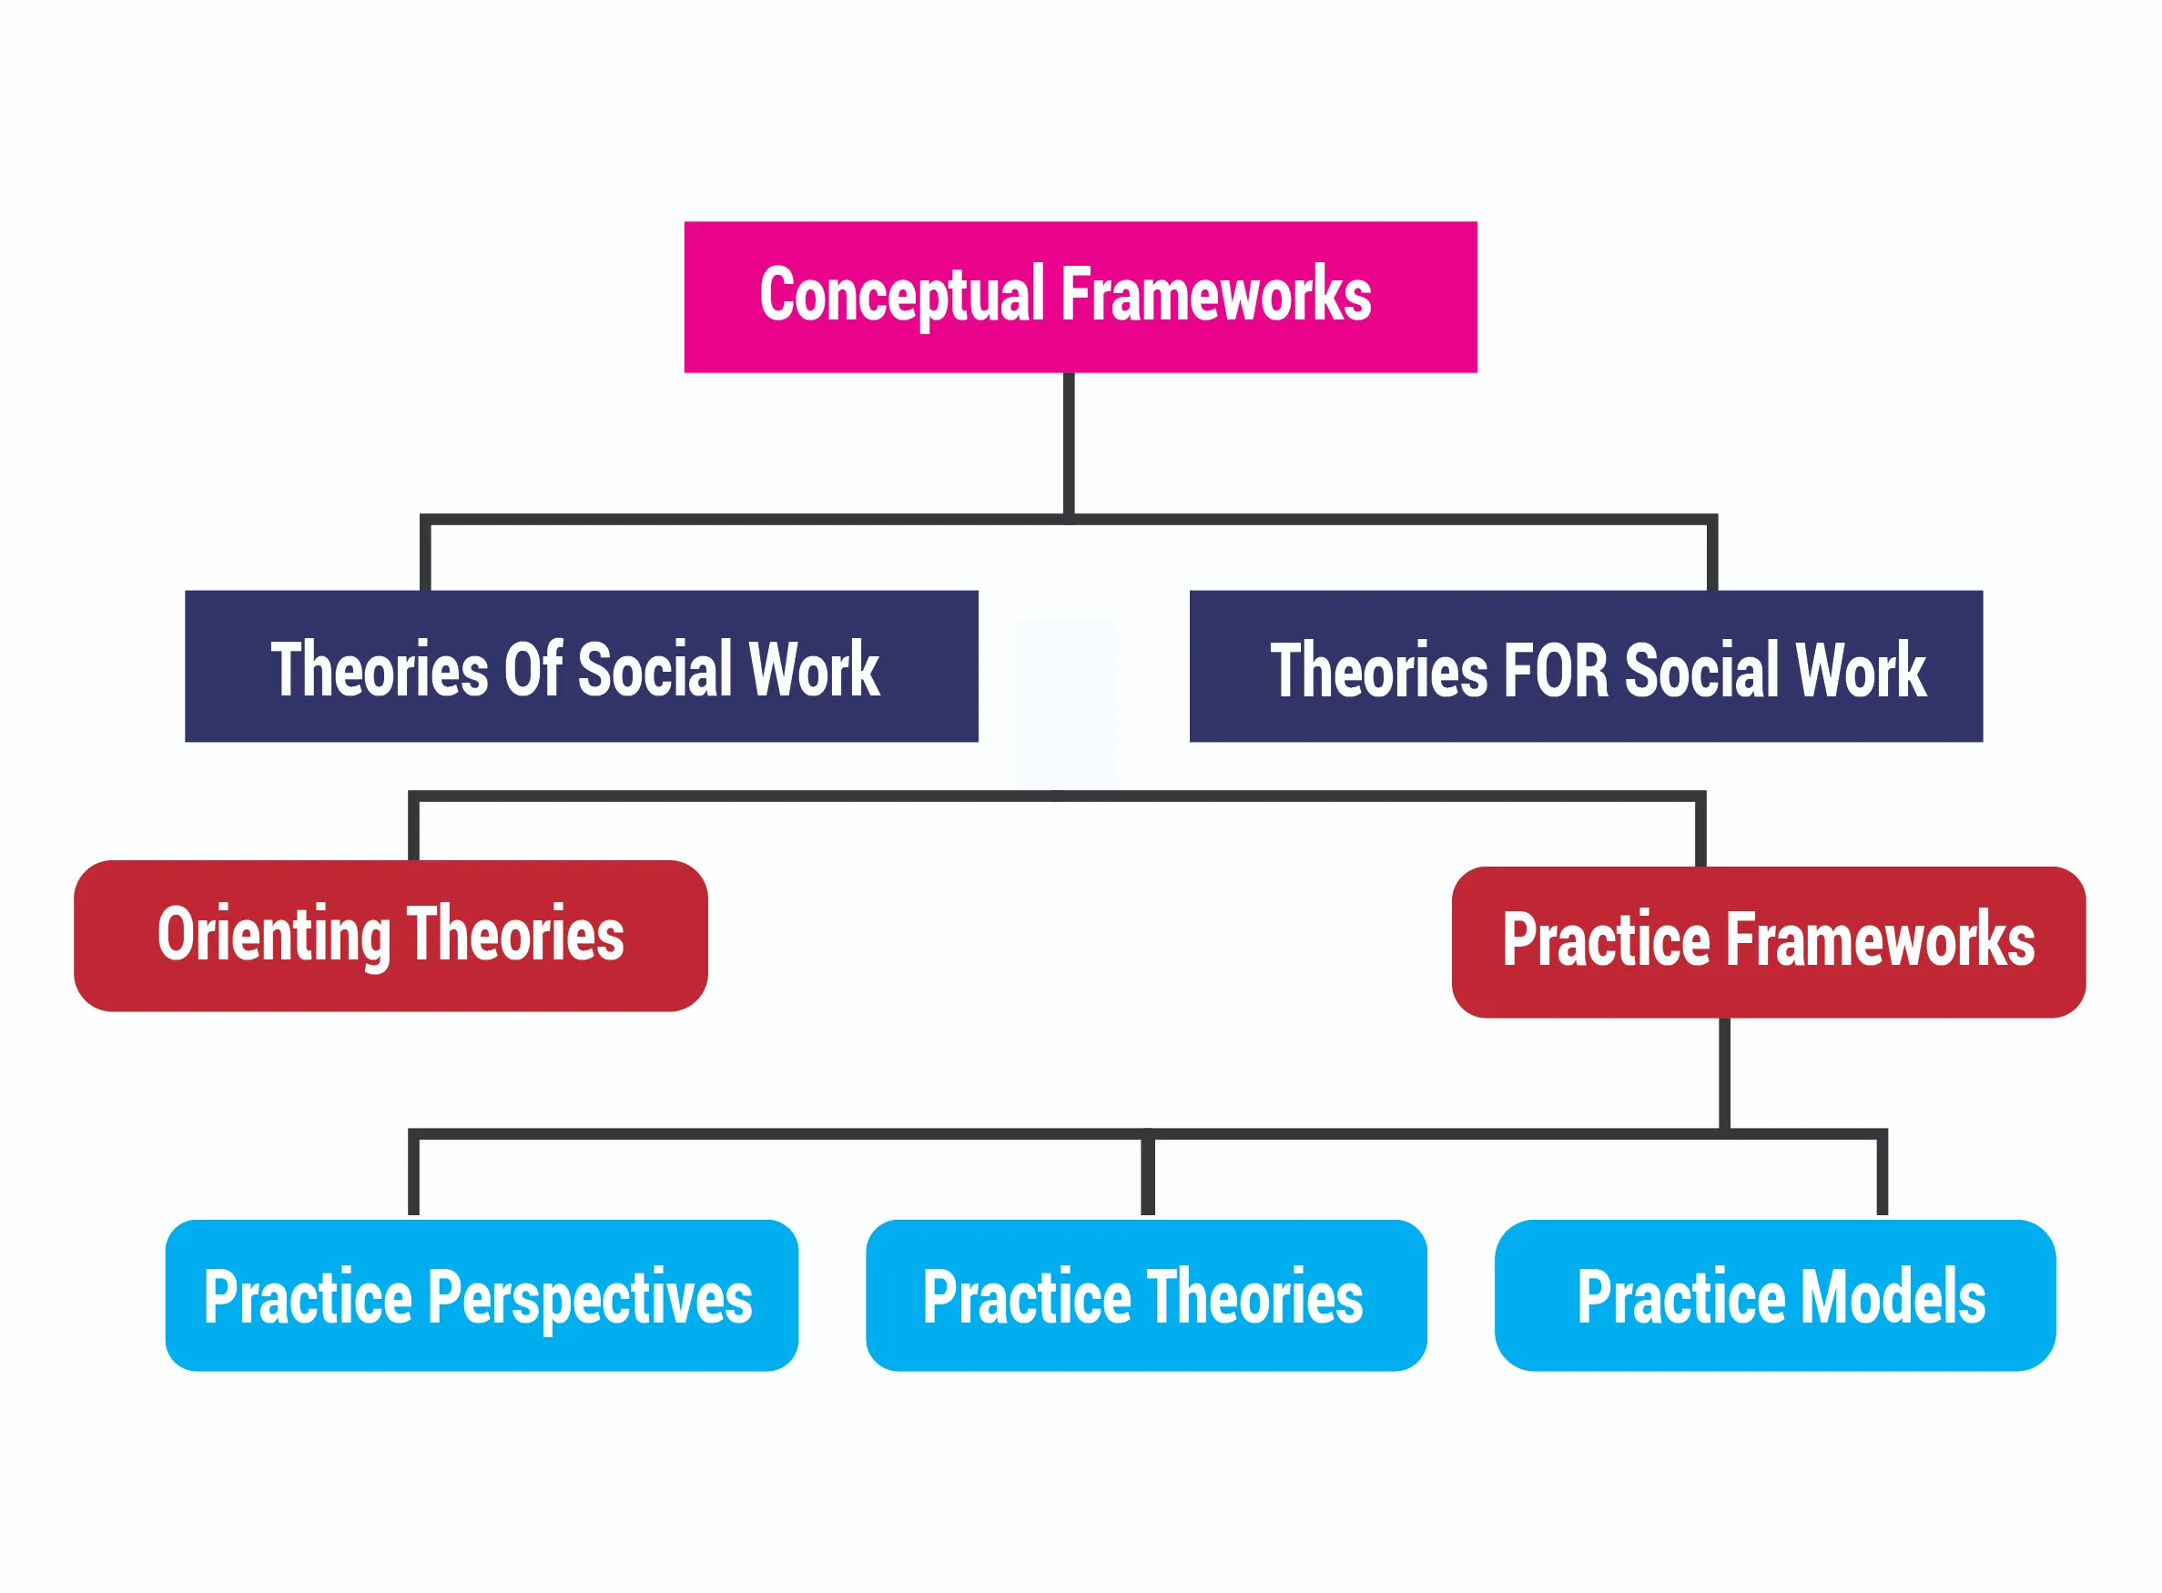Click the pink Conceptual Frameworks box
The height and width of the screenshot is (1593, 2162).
click(x=1080, y=297)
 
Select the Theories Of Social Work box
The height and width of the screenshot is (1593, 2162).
click(x=581, y=666)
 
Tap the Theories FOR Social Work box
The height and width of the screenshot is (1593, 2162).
click(x=1586, y=666)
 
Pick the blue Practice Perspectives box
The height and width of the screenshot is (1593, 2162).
click(x=482, y=1295)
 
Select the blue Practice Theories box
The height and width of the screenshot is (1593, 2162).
click(x=1145, y=1295)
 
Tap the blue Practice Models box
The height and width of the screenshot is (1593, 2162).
click(x=1774, y=1295)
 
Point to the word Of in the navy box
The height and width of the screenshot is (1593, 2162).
click(x=533, y=669)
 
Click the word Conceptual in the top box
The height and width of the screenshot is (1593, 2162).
click(x=901, y=295)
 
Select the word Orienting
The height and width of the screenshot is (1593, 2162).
click(x=274, y=936)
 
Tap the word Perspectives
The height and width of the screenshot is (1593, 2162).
click(x=589, y=1298)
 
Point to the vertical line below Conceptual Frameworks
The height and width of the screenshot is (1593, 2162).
click(x=1069, y=443)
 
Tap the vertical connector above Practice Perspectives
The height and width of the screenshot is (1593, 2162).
click(x=413, y=1174)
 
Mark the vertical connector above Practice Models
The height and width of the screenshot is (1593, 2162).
click(x=1882, y=1174)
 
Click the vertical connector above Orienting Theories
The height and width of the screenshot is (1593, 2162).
click(x=413, y=827)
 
